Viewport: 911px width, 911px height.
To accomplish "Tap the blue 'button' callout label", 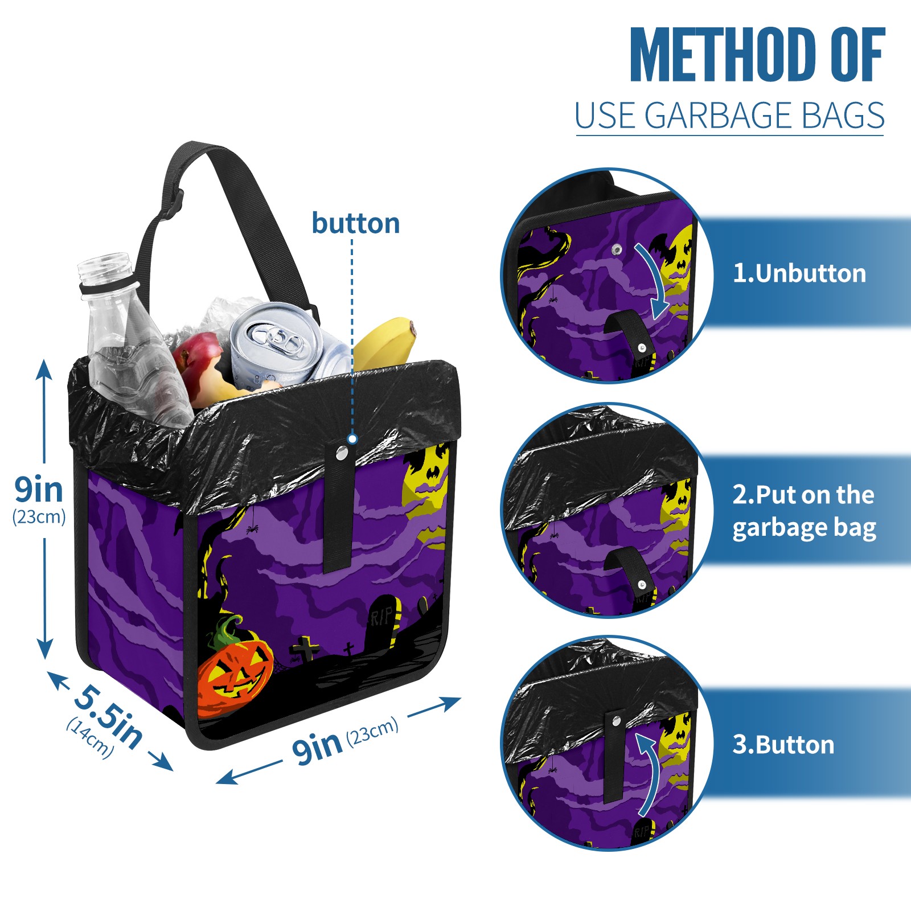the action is point(356,223).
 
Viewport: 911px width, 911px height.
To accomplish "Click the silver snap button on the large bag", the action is point(342,453).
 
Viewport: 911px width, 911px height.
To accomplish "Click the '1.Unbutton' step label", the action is point(799,273).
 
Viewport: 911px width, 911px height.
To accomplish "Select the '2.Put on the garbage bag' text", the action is point(803,511).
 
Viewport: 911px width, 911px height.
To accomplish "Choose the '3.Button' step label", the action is point(783,745).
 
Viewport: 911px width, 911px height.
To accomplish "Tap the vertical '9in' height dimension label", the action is point(39,489).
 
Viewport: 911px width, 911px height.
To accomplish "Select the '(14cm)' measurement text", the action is point(91,737).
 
